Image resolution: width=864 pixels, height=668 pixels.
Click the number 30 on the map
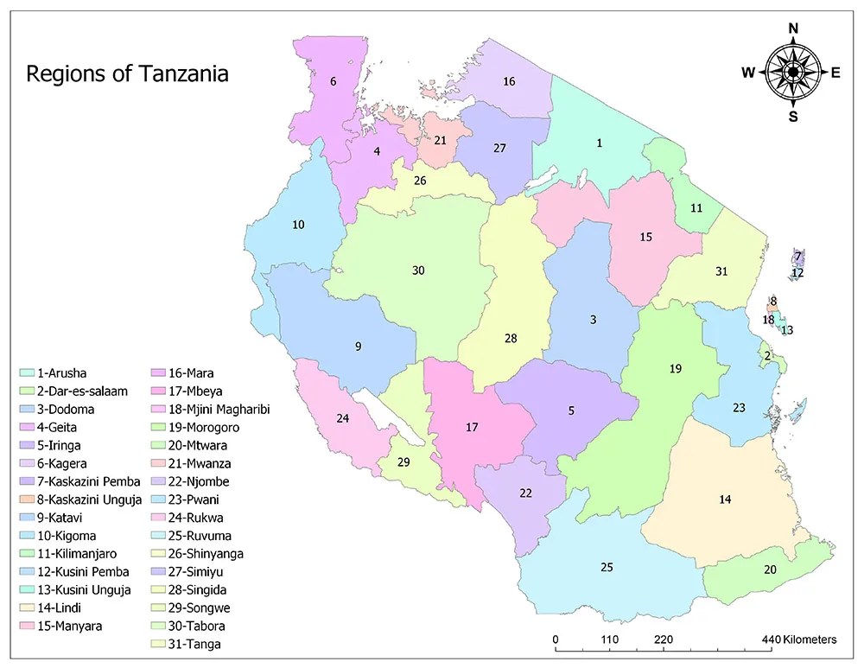tap(418, 270)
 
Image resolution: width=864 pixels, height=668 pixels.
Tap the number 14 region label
tap(726, 499)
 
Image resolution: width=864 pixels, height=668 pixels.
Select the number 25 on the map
tap(607, 567)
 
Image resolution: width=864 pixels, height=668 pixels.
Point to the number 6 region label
tap(333, 82)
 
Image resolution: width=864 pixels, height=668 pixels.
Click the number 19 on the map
tap(676, 369)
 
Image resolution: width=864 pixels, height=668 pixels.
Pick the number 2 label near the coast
tap(766, 355)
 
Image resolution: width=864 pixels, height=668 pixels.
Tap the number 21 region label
tap(441, 140)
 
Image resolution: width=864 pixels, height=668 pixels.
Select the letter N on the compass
tap(793, 28)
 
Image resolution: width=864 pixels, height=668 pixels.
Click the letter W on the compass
tap(747, 73)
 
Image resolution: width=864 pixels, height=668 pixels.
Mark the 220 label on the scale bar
tap(664, 639)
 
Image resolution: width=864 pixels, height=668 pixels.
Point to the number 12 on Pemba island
tap(797, 272)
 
